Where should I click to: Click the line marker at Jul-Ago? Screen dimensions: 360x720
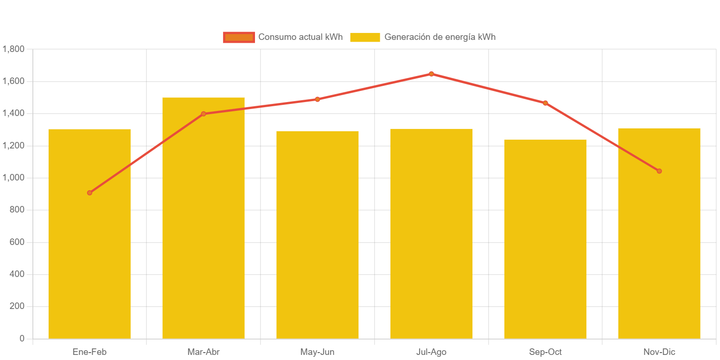[431, 74]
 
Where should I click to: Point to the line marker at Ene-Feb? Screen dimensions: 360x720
[89, 193]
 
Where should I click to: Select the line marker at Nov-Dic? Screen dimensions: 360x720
[659, 171]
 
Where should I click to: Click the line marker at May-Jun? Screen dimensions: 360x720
[318, 99]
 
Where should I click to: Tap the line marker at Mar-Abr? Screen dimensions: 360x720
[204, 114]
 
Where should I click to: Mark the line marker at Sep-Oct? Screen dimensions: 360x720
[545, 103]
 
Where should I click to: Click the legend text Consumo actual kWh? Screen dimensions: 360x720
[300, 37]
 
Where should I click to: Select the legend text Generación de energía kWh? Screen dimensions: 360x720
[440, 37]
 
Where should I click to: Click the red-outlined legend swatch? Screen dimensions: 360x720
[239, 37]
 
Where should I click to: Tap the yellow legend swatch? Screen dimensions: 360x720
[365, 37]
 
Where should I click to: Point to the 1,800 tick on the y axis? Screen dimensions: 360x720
[13, 49]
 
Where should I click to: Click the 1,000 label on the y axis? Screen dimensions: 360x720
[13, 178]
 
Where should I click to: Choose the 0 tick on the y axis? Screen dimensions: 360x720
[22, 339]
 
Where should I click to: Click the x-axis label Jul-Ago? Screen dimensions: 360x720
[431, 352]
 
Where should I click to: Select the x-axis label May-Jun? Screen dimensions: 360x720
[318, 352]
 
